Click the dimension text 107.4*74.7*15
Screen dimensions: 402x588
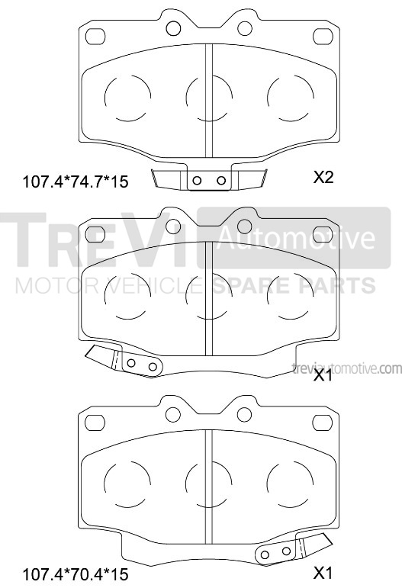tap(76, 182)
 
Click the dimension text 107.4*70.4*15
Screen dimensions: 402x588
tap(76, 574)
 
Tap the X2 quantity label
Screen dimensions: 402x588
tap(323, 177)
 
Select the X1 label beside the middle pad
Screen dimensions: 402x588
tap(323, 375)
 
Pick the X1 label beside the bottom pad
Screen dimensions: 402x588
tap(323, 573)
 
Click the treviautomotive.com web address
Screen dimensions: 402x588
tap(346, 368)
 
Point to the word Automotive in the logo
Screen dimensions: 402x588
tap(296, 237)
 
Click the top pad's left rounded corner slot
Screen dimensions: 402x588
tap(95, 37)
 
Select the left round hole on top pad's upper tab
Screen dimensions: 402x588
tap(173, 28)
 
